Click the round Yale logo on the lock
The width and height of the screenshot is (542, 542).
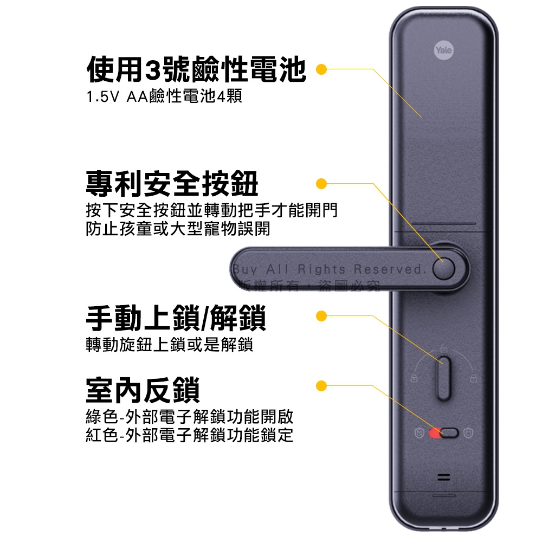pyautogui.click(x=443, y=50)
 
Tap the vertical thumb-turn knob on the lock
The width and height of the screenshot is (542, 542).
pyautogui.click(x=444, y=378)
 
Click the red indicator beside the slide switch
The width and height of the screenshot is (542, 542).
pyautogui.click(x=434, y=433)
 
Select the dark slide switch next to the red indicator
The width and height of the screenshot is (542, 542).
pyautogui.click(x=449, y=433)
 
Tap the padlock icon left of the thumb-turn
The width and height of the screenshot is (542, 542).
pyautogui.click(x=414, y=378)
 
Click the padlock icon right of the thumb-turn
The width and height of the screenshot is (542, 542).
pyautogui.click(x=473, y=378)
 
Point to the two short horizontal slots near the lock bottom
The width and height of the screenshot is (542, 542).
pyautogui.click(x=444, y=478)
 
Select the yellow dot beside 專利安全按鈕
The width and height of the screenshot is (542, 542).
pyautogui.click(x=321, y=184)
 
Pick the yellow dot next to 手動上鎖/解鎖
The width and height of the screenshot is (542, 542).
pyautogui.click(x=321, y=315)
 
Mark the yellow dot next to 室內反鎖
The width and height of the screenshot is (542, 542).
pyautogui.click(x=321, y=385)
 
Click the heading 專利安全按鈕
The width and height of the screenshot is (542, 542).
pyautogui.click(x=172, y=183)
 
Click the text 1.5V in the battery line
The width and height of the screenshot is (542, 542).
pyautogui.click(x=102, y=98)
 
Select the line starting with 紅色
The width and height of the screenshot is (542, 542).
pyautogui.click(x=190, y=435)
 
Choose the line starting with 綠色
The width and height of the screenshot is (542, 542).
pyautogui.click(x=190, y=417)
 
